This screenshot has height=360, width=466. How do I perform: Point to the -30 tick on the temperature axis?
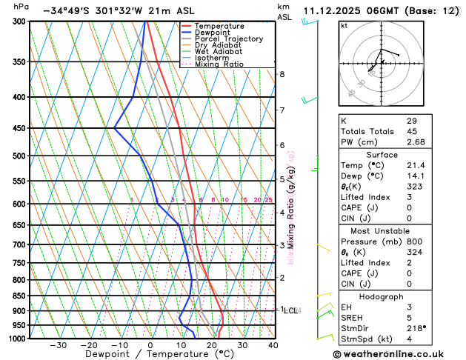(59, 345)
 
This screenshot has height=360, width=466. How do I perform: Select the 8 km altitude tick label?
(282, 75)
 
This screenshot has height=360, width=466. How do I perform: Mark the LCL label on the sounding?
(291, 310)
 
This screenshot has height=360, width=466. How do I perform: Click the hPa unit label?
(21, 6)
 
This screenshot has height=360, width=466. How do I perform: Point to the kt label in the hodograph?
(344, 25)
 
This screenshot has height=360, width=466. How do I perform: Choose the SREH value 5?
(408, 317)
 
